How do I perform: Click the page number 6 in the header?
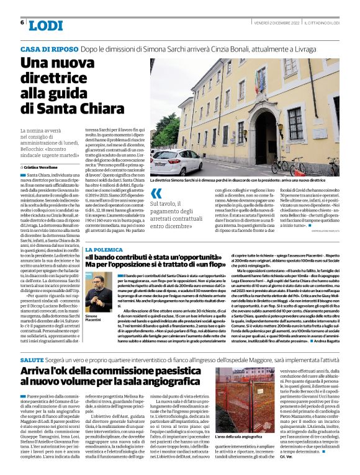tap(22, 22)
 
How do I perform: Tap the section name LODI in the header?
tap(46, 25)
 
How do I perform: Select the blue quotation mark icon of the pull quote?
tap(156, 193)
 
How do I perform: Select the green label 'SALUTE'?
tap(32, 360)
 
